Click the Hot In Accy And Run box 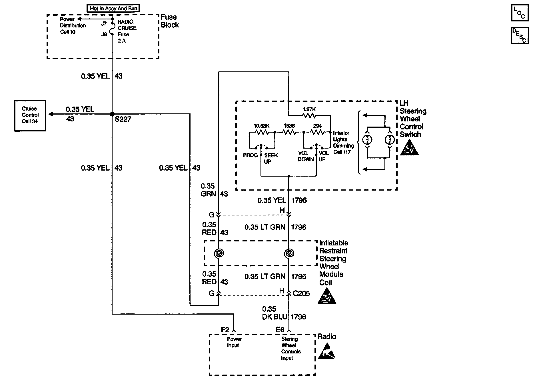coord(113,8)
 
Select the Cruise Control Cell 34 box coord(30,115)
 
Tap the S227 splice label coord(123,119)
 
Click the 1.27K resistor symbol coord(309,115)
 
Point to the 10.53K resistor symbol coord(261,132)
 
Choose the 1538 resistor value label coord(289,126)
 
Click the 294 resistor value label coord(317,126)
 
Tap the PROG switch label coord(250,155)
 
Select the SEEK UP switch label coord(271,158)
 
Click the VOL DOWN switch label coord(305,156)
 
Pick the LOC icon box coord(520,13)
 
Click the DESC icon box coord(520,36)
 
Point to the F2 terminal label coord(225,330)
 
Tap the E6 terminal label coord(280,330)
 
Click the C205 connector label coord(301,294)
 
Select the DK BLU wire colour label coord(274,317)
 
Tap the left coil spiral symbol coord(219,253)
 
